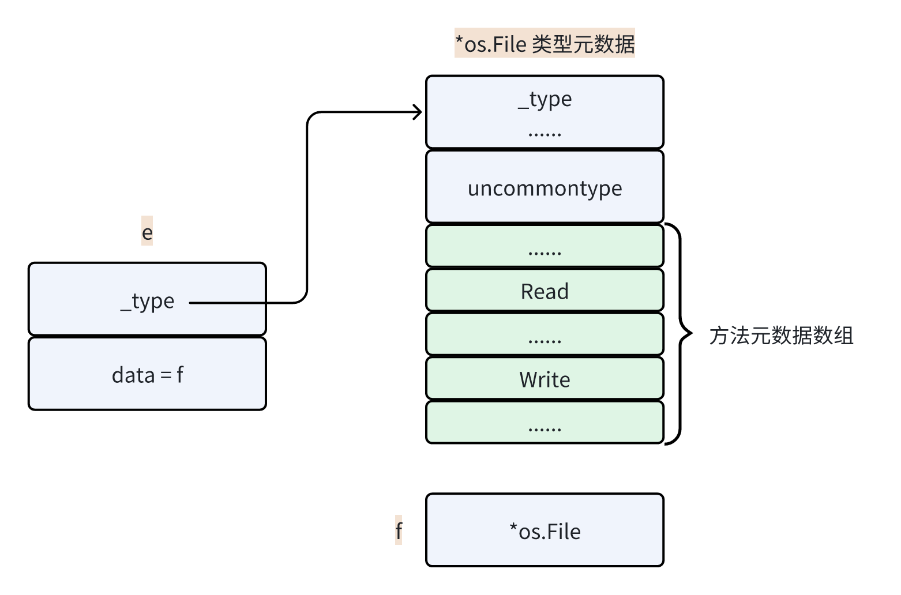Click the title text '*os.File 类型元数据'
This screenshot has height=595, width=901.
545,44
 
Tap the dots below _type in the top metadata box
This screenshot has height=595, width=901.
545,134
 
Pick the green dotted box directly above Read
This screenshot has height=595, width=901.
545,246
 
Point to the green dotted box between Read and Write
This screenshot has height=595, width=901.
545,334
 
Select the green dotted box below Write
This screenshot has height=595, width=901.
545,423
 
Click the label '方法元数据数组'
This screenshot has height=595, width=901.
781,336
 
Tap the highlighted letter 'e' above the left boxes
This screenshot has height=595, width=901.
147,232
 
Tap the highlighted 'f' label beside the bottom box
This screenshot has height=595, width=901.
399,530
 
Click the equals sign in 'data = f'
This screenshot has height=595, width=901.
166,376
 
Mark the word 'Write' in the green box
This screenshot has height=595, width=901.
545,379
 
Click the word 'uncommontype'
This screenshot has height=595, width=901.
545,189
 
